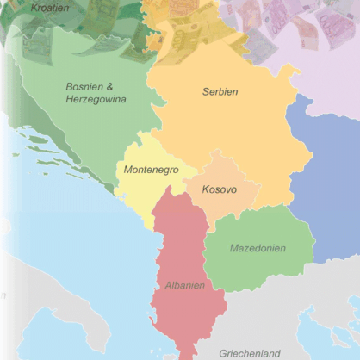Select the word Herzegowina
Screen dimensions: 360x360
[96, 100]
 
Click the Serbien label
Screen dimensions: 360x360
[220, 92]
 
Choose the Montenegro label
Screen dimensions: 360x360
[151, 170]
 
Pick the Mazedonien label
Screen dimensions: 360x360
[258, 248]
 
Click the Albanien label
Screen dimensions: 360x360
[185, 285]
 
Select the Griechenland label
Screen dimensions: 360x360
[250, 353]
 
